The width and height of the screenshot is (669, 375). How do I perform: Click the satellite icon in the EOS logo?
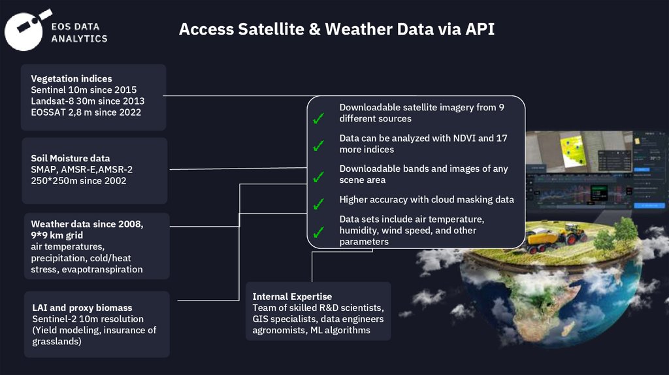point(28,27)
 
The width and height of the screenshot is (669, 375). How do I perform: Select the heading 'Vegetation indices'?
point(71,78)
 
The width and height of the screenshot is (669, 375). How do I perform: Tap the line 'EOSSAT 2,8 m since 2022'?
point(86,112)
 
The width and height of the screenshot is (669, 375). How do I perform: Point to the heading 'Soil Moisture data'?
point(70,158)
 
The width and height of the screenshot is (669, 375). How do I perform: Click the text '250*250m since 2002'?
point(78,180)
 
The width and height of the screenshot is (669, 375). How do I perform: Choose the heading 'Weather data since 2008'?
point(87,224)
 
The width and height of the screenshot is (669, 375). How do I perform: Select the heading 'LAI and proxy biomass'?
point(82,308)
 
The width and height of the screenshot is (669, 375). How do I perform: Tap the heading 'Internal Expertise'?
point(292,297)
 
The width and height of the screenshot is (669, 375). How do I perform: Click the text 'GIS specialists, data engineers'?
point(318,319)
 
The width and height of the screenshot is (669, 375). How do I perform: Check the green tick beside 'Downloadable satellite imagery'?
point(318,120)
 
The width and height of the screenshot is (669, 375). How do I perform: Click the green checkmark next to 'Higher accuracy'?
point(318,204)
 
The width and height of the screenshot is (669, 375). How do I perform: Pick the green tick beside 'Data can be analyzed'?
point(318,146)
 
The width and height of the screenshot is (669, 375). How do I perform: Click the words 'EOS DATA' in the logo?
point(76,27)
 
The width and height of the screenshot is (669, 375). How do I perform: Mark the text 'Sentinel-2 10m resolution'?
point(88,319)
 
